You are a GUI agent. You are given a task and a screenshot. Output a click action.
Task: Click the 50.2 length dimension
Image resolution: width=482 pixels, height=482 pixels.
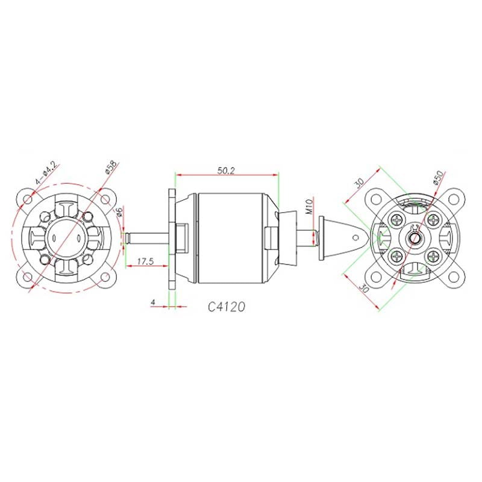tap(226, 171)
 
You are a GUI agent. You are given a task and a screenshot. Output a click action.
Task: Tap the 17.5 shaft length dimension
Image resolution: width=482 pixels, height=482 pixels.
tap(145, 261)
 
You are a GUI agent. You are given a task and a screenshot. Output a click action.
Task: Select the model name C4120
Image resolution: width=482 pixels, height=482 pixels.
tap(227, 307)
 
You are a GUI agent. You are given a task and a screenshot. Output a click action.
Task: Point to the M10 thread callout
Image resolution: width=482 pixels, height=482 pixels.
tap(309, 206)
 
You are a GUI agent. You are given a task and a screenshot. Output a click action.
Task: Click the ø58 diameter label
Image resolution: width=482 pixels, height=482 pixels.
tap(111, 167)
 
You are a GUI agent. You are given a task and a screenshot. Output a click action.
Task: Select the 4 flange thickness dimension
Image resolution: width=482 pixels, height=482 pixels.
tap(153, 302)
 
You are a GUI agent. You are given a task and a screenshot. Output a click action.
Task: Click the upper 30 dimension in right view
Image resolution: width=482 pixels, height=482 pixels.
tap(359, 183)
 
